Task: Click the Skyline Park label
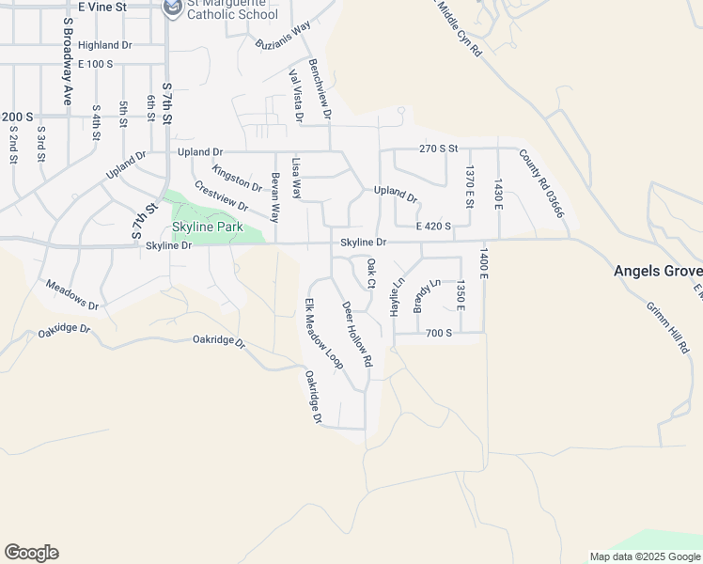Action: coord(207,227)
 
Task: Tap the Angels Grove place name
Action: coord(657,271)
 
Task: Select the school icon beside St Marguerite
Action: coord(173,8)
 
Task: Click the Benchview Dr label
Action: coord(320,89)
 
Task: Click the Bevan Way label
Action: coord(275,196)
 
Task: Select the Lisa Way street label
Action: coord(297,178)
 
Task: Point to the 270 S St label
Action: coord(438,149)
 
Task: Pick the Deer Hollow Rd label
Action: coord(357,334)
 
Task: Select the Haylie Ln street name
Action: coord(398,296)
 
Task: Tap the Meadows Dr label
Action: coord(71,294)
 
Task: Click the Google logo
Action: coord(31,553)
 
